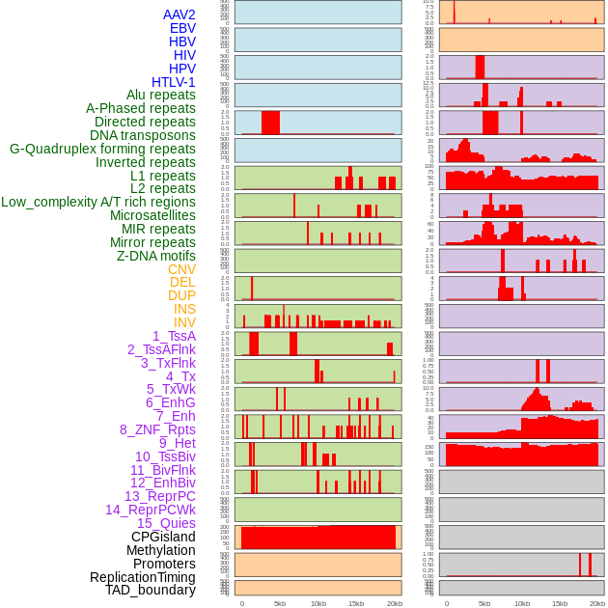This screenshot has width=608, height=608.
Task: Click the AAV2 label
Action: (x=180, y=14)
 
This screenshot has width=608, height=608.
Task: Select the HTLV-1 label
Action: (x=174, y=82)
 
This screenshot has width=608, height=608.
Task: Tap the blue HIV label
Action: (x=183, y=55)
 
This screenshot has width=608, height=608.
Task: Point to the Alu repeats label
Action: (x=161, y=95)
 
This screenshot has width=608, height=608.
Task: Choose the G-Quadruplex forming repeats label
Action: (x=102, y=149)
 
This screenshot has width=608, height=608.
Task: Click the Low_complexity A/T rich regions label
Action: (x=98, y=202)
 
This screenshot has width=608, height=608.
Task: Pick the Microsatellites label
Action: (x=152, y=215)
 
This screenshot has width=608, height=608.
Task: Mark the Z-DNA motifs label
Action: (x=156, y=256)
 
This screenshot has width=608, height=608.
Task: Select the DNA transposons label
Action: (x=143, y=135)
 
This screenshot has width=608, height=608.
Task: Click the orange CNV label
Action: (x=181, y=269)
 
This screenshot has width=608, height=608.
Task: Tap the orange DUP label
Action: (x=181, y=295)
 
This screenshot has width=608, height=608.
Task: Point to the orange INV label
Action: (x=184, y=322)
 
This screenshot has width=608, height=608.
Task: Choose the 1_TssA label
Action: (x=174, y=336)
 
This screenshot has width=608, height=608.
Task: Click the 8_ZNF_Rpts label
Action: (x=157, y=429)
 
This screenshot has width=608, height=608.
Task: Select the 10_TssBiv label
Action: (x=165, y=456)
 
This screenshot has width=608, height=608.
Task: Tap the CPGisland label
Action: (x=163, y=537)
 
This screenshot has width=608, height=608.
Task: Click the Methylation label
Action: (x=160, y=550)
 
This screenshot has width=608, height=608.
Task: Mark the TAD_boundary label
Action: (x=151, y=590)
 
